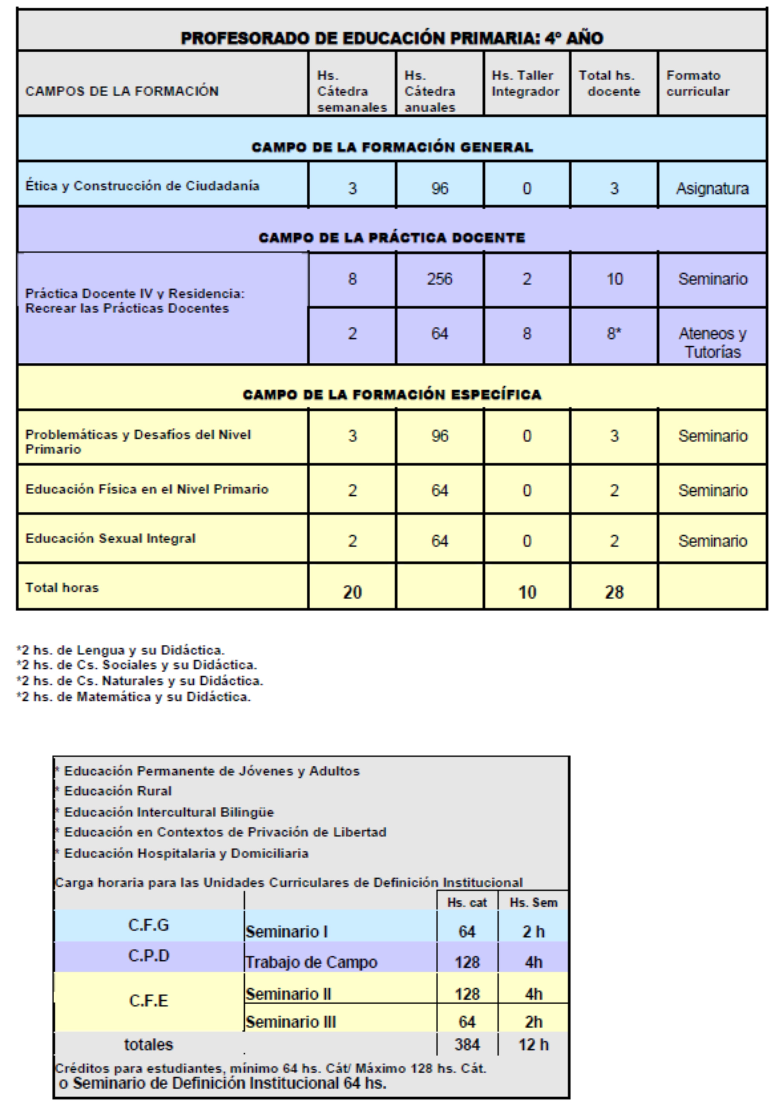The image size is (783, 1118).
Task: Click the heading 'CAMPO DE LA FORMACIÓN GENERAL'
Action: point(392,147)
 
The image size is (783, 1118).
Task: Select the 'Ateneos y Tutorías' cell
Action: point(712,342)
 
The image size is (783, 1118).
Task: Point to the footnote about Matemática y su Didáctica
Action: point(133,697)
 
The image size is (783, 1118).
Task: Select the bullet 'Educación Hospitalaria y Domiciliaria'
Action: point(186,853)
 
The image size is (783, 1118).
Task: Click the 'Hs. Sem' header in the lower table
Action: point(533,902)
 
